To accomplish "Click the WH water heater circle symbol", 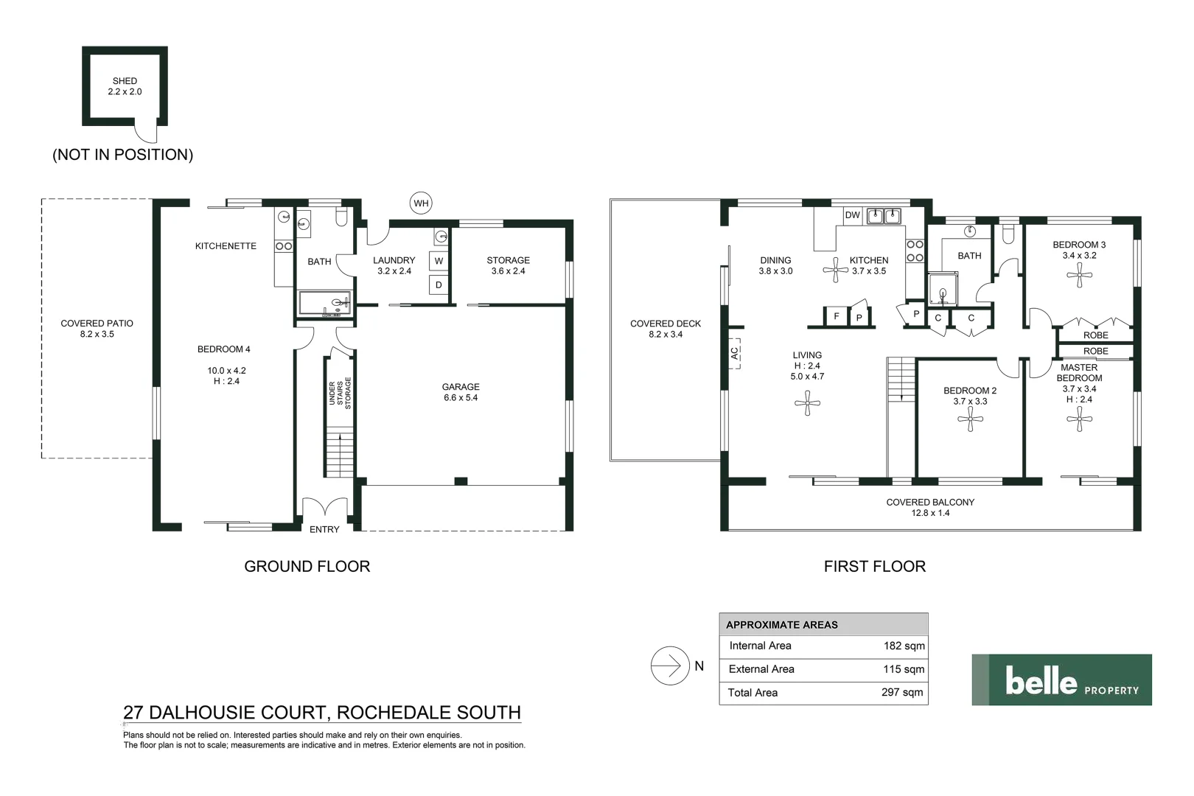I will [421, 203].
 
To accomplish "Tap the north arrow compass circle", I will [669, 666].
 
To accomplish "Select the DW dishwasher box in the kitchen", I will [853, 215].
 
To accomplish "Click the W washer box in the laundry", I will [439, 261].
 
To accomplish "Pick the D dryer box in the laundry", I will [439, 284].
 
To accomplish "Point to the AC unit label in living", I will [734, 354].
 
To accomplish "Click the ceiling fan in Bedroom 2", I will [970, 420].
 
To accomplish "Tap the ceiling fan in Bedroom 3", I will [1079, 276].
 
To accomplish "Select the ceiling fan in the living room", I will [808, 403].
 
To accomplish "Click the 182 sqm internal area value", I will [904, 646].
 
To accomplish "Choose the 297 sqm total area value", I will [902, 693].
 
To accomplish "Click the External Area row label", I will [761, 669].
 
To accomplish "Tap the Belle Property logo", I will [1061, 680].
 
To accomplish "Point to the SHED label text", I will [125, 81].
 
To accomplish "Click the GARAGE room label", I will [461, 387].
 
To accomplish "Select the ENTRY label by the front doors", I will [324, 530].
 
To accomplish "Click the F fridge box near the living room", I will [836, 316].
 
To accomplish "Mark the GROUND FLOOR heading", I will [307, 567].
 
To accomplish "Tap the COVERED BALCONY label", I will [930, 503].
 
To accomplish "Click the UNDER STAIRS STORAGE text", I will [340, 394].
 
